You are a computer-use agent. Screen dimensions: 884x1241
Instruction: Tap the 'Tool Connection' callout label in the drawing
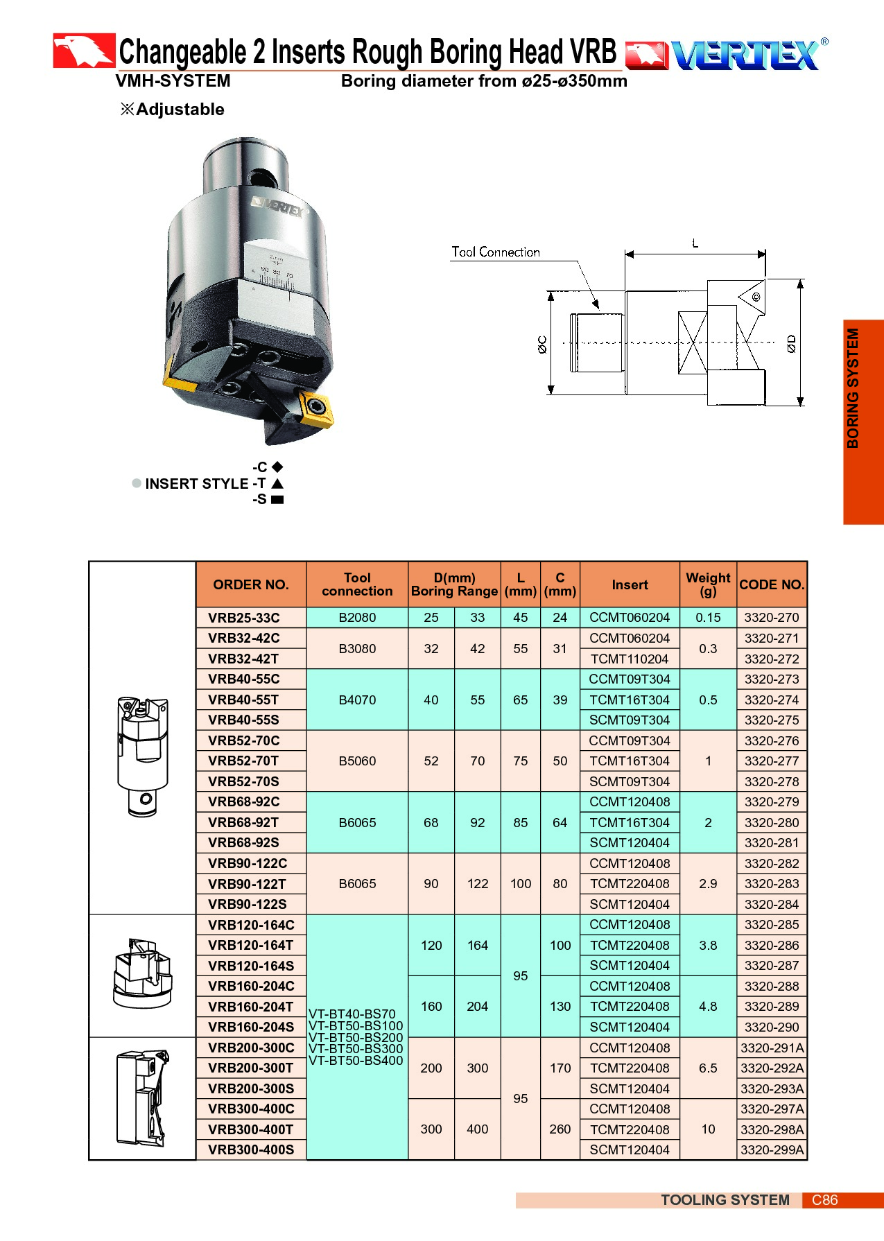pyautogui.click(x=496, y=252)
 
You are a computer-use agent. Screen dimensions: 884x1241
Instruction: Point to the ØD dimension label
pyautogui.click(x=792, y=344)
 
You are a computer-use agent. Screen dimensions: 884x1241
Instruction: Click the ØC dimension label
pyautogui.click(x=542, y=345)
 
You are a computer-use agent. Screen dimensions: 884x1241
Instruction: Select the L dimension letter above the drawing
pyautogui.click(x=695, y=243)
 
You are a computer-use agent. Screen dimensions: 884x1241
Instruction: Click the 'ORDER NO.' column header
pyautogui.click(x=251, y=584)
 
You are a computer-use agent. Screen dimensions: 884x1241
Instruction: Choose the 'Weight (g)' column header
pyautogui.click(x=708, y=584)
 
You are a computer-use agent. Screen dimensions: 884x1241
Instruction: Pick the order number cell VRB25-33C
pyautogui.click(x=244, y=618)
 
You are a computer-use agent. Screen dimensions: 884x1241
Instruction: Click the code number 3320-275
pyautogui.click(x=772, y=720)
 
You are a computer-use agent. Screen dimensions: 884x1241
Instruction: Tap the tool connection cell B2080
pyautogui.click(x=357, y=618)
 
